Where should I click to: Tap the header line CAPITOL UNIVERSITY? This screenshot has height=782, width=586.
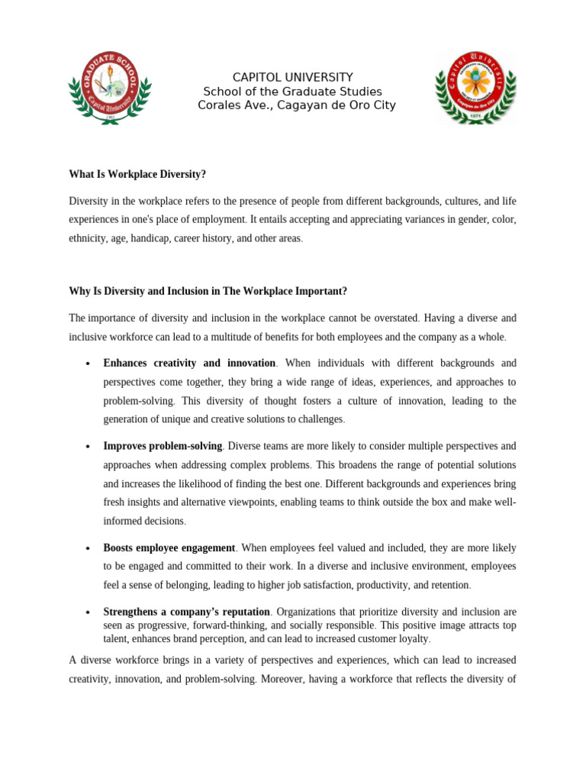coord(293,77)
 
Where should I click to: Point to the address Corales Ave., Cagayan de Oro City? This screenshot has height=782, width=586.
coord(297,105)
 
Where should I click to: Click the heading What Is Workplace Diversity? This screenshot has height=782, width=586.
coord(137,174)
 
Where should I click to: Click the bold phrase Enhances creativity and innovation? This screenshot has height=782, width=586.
coord(189,364)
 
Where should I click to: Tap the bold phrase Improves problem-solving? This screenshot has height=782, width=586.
coord(163,446)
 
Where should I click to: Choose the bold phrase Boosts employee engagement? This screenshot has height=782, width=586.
coord(169,548)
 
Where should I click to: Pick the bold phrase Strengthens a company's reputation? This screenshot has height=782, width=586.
coord(186,612)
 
